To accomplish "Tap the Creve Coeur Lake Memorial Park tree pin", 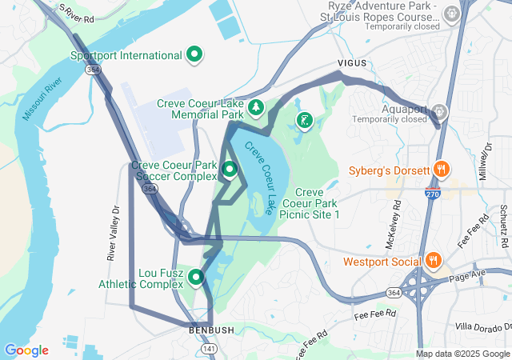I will pos(256,106).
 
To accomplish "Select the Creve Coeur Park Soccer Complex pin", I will pos(230,169).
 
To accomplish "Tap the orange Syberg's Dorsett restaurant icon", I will pos(440,170).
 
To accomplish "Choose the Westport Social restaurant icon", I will pos(433,260).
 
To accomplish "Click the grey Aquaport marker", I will pos(438,110).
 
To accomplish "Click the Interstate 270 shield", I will pos(432,194).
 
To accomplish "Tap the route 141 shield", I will pos(208,349).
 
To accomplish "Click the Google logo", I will pos(26,350).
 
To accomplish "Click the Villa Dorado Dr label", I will pos(481,326).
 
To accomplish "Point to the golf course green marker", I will pos(305,121).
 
